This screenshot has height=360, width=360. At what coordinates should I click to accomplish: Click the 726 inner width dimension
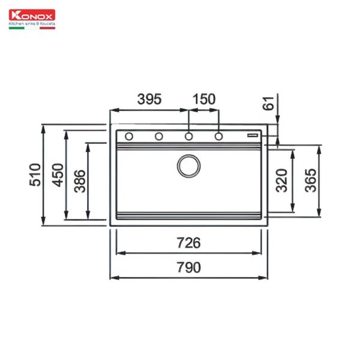tap(188, 242)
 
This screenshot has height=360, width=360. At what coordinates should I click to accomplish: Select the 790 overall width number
tap(188, 268)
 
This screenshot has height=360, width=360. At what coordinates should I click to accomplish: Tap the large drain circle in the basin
tap(188, 164)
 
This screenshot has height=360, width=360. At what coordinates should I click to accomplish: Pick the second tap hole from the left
tap(159, 137)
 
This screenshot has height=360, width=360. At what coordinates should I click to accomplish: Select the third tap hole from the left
tap(188, 137)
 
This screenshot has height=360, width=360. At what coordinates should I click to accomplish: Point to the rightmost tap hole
tap(218, 137)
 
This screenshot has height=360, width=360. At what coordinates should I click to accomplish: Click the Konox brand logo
tap(31, 16)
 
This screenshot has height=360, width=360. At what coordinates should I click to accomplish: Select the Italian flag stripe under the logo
tap(31, 28)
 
